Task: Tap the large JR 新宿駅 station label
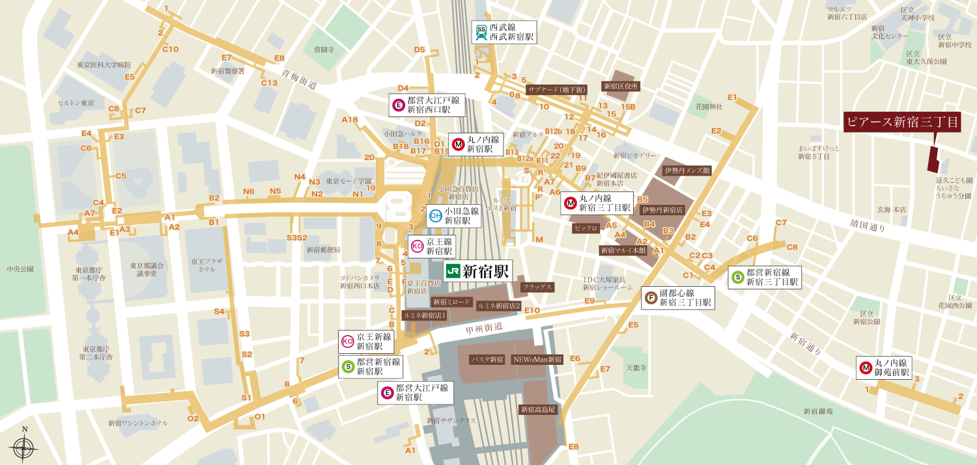click(x=477, y=271)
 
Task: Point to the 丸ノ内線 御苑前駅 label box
click(x=886, y=367)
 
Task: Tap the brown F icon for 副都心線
click(x=650, y=298)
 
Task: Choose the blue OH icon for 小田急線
click(x=436, y=216)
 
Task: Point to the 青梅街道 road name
click(x=299, y=80)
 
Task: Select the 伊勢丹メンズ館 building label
click(x=687, y=170)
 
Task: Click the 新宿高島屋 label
click(x=538, y=410)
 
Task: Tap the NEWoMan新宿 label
click(x=537, y=359)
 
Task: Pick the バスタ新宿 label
click(x=487, y=359)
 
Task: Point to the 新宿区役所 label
click(x=621, y=85)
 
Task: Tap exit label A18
click(x=350, y=120)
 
